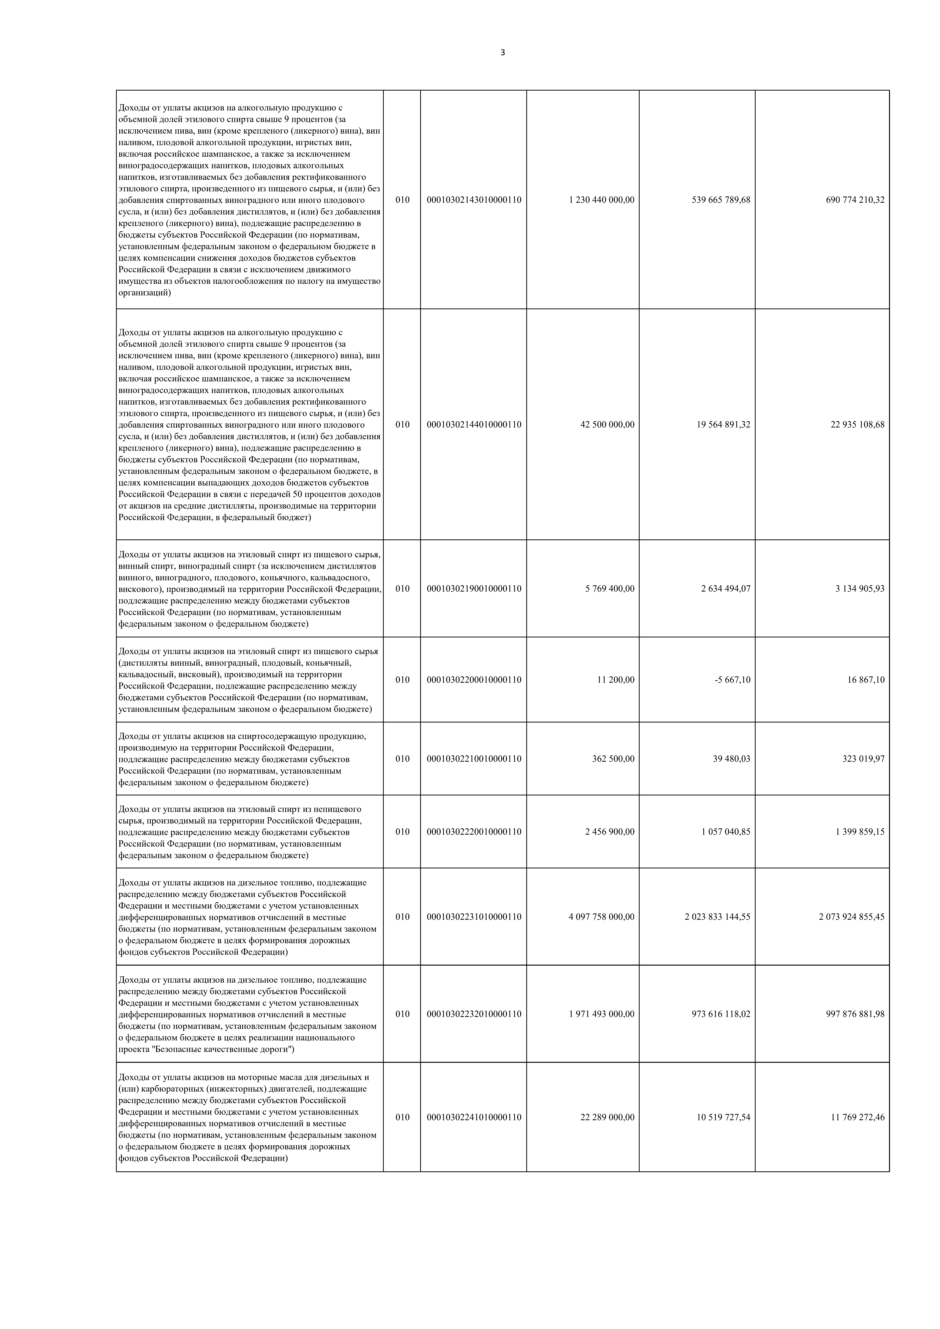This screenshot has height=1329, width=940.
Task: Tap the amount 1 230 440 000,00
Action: pyautogui.click(x=601, y=200)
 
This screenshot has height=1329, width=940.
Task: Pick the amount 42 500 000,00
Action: pyautogui.click(x=607, y=424)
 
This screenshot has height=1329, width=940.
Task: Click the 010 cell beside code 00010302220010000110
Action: pyautogui.click(x=402, y=832)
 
